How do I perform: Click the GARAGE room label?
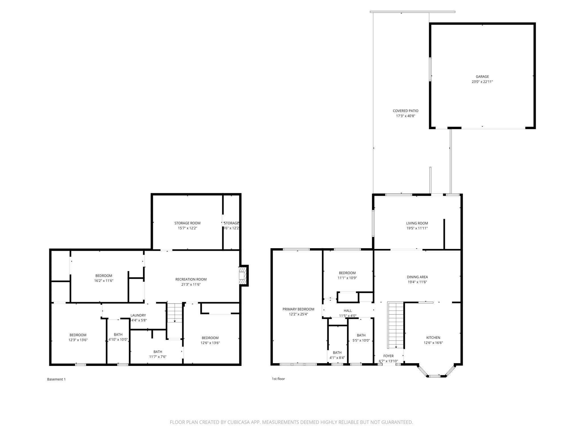[x=482, y=77]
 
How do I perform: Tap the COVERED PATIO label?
[x=405, y=111]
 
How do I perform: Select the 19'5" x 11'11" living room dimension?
[x=417, y=228]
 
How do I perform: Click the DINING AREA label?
[x=417, y=277]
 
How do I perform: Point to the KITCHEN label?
[x=433, y=337]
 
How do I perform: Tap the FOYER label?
[x=388, y=356]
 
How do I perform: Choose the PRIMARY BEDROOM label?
[x=298, y=309]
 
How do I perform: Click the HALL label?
[x=348, y=311]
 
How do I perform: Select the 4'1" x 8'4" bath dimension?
[x=337, y=358]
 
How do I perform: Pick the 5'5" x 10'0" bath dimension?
[x=361, y=340]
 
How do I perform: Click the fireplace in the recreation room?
[x=243, y=275]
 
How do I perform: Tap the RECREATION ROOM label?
[x=191, y=279]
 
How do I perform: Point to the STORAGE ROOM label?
[x=187, y=223]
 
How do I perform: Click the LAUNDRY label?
[x=138, y=315]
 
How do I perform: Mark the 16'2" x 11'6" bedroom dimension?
[x=104, y=281]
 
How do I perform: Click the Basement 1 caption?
[x=56, y=379]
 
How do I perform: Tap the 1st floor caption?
[x=278, y=379]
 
